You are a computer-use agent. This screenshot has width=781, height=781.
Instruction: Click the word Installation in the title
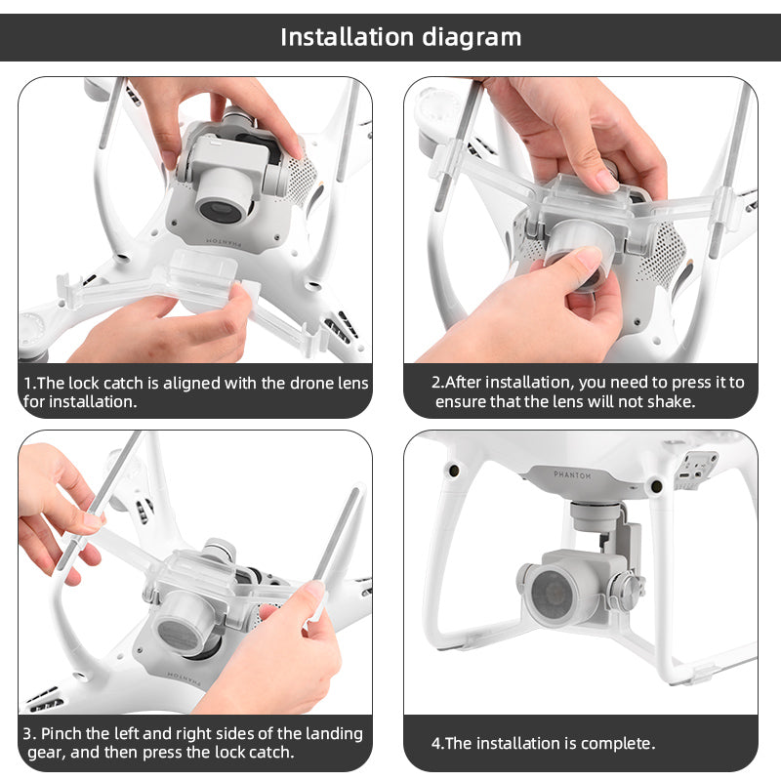click(x=347, y=37)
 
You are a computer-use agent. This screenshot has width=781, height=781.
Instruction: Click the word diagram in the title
click(x=472, y=37)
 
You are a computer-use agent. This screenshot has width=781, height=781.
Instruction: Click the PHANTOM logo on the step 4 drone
click(x=579, y=473)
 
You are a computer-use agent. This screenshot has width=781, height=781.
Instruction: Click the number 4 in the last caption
click(x=436, y=743)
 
